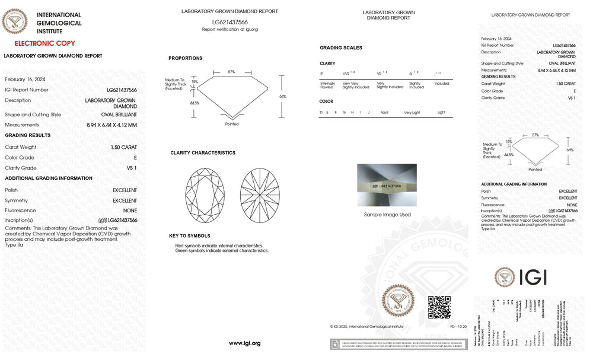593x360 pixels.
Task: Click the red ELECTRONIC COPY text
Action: pyautogui.click(x=44, y=43)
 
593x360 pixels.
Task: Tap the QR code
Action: pyautogui.click(x=439, y=307)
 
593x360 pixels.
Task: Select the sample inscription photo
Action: pyautogui.click(x=387, y=185)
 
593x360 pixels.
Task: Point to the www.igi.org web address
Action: pyautogui.click(x=244, y=343)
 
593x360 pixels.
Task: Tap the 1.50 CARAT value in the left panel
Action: pyautogui.click(x=123, y=147)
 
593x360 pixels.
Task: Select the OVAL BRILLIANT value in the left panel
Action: pyautogui.click(x=119, y=114)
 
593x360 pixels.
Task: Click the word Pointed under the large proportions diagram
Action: pyautogui.click(x=232, y=125)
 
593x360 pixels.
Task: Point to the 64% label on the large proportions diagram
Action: pyautogui.click(x=282, y=96)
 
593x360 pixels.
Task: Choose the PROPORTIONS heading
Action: pyautogui.click(x=185, y=58)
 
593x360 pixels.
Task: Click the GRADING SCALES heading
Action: pyautogui.click(x=340, y=48)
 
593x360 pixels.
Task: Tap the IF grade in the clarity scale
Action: pyautogui.click(x=321, y=74)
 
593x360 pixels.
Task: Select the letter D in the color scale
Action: pyautogui.click(x=321, y=112)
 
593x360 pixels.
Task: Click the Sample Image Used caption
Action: pyautogui.click(x=387, y=215)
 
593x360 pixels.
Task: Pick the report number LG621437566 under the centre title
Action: pyautogui.click(x=229, y=22)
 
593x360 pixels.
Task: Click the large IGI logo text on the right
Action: pyautogui.click(x=533, y=277)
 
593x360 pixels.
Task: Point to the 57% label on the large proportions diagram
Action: pyautogui.click(x=232, y=72)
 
